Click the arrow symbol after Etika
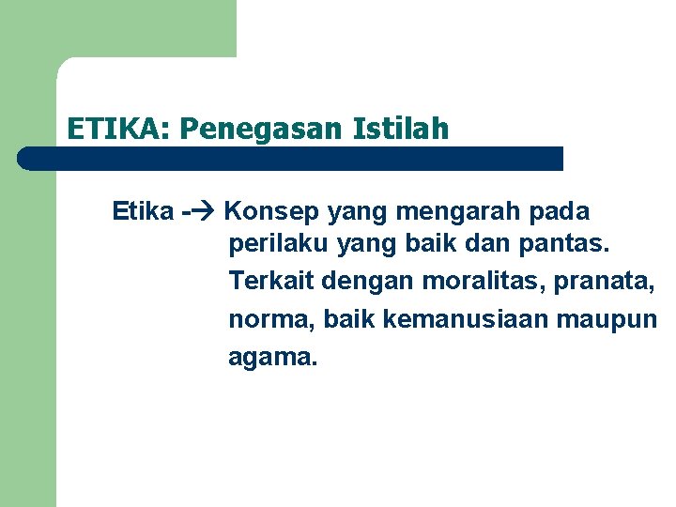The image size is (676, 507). point(205,211)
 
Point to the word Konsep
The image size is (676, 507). point(273,211)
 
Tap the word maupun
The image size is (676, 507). point(611,319)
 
